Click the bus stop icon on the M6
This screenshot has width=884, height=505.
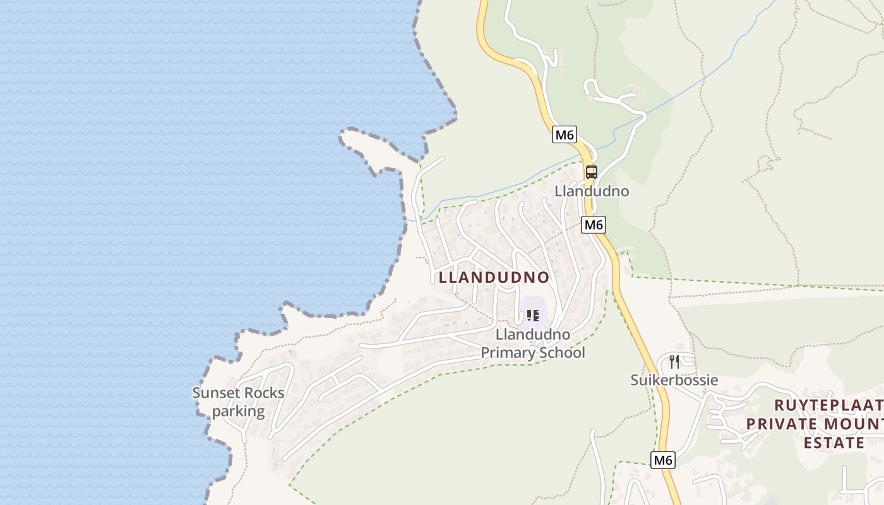(x=591, y=172)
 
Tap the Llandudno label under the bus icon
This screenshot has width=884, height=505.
(x=592, y=191)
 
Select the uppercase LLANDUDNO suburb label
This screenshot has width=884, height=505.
(x=494, y=277)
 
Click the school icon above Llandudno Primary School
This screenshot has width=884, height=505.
(x=532, y=315)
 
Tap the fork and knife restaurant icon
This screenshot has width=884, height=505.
(x=674, y=361)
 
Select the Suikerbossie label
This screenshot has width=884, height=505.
(x=674, y=380)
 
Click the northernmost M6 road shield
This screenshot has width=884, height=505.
(x=564, y=134)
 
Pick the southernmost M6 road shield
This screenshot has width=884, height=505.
(x=663, y=460)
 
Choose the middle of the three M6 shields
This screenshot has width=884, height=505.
(x=594, y=225)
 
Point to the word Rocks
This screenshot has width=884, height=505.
(x=264, y=393)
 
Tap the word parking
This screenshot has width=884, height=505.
(x=238, y=412)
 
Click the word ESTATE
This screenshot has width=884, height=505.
(x=833, y=443)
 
